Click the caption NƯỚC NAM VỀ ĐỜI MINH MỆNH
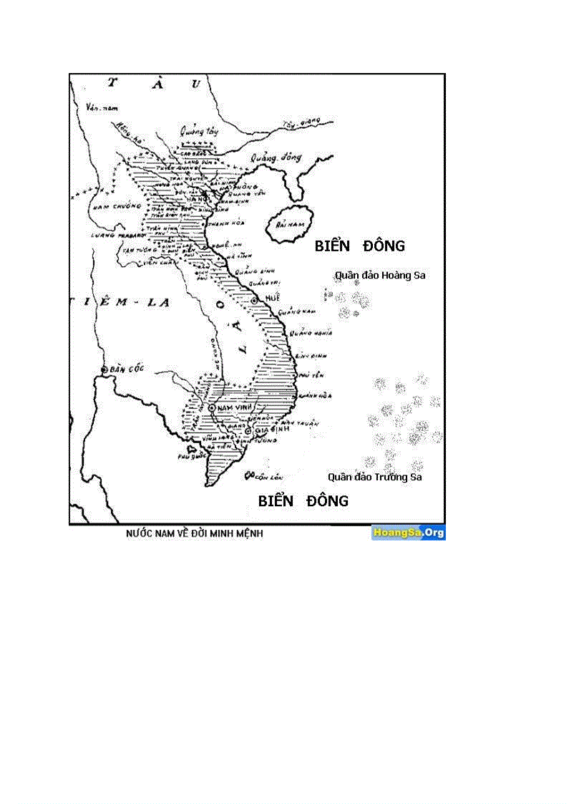[194, 534]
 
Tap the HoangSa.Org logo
[408, 533]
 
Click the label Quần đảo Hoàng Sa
[380, 275]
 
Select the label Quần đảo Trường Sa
[375, 477]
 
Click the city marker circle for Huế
[254, 299]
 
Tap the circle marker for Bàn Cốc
[104, 369]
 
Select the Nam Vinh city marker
[212, 407]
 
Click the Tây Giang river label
[298, 124]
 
